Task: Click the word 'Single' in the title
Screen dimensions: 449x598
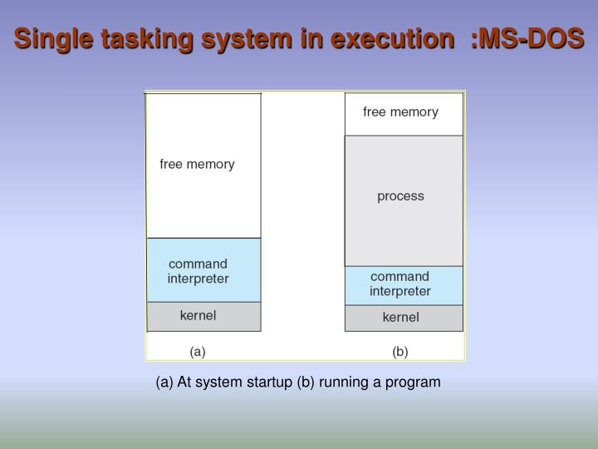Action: click(54, 38)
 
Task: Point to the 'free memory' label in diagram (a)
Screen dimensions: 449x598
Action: click(197, 165)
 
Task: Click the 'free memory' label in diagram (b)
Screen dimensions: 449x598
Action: click(400, 112)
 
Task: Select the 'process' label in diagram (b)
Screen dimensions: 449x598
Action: click(400, 196)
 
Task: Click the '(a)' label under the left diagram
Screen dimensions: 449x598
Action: click(198, 352)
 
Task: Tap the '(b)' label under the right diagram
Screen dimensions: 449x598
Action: click(400, 352)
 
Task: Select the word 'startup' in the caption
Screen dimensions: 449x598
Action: click(271, 382)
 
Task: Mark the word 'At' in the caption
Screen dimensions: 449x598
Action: click(184, 382)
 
